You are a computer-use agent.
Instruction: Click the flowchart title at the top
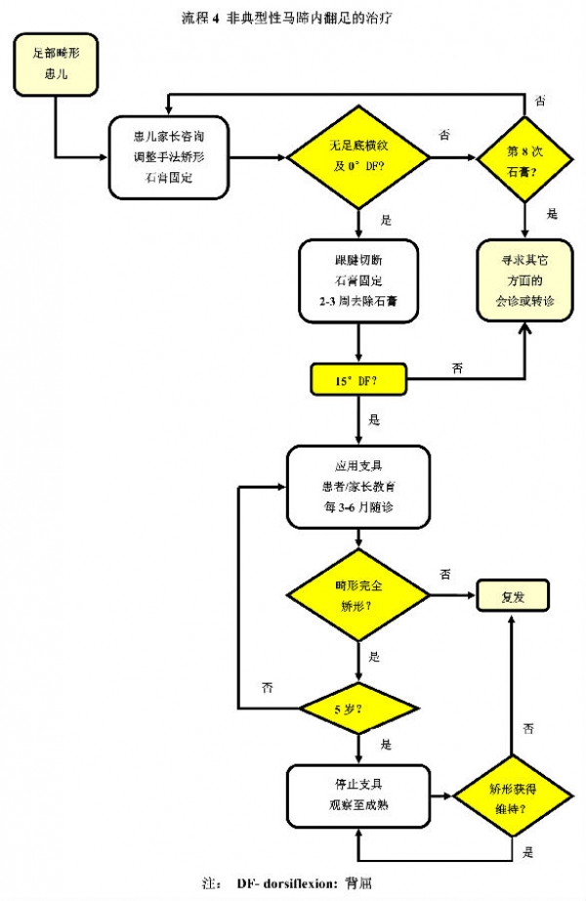pos(288,17)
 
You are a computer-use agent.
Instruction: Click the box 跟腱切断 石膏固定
pos(359,281)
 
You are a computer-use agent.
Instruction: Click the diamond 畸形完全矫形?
pos(359,595)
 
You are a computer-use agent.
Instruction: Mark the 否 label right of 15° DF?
pos(457,367)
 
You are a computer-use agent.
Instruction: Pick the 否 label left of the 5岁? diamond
pos(267,687)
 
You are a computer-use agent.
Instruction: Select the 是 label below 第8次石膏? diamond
pos(553,214)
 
